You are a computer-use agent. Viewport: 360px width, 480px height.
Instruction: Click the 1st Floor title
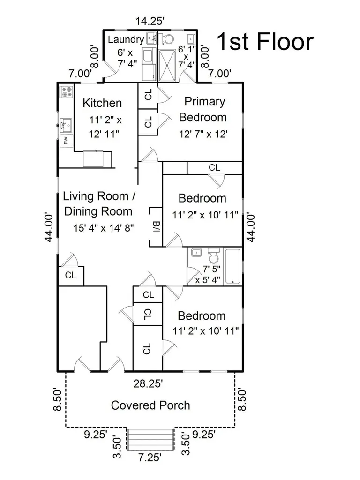[265, 41]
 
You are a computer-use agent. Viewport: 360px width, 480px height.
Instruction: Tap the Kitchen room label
[102, 103]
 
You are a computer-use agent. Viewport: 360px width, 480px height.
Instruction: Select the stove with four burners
[67, 91]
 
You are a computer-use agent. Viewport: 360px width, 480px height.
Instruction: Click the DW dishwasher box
[66, 141]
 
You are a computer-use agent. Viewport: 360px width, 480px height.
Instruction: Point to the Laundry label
[126, 39]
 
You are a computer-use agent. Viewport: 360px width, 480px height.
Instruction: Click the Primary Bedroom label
[203, 109]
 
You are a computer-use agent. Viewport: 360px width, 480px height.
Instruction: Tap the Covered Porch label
[150, 405]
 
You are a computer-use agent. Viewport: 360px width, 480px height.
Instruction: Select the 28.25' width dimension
[148, 383]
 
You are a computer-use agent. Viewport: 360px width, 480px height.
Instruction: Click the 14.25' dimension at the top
[150, 21]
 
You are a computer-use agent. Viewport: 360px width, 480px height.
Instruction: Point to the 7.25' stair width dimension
[150, 457]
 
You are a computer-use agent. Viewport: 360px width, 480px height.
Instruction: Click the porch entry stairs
[150, 440]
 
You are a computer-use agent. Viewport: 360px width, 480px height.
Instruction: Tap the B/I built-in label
[156, 226]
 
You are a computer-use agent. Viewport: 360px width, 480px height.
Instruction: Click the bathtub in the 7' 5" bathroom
[232, 267]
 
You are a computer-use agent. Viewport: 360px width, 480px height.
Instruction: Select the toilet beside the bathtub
[214, 255]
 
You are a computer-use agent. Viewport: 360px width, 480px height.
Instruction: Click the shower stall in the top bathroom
[167, 66]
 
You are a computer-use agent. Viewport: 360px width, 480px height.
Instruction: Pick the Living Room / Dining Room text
[98, 203]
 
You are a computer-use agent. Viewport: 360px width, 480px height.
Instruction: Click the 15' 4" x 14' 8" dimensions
[104, 228]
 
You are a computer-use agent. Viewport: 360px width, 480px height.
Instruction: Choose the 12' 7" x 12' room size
[203, 134]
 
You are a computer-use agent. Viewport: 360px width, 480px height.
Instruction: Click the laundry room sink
[151, 38]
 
